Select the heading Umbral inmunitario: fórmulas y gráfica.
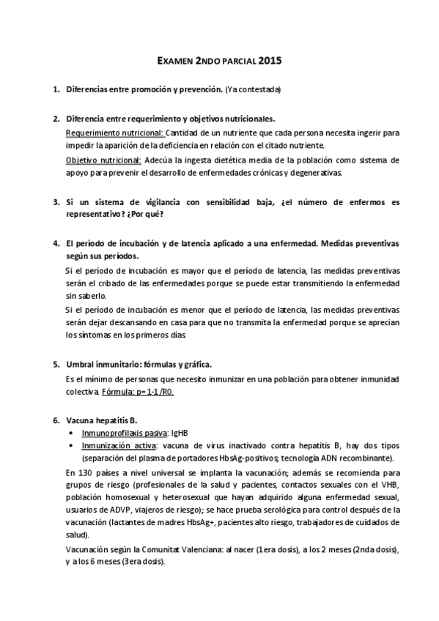click(139, 364)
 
